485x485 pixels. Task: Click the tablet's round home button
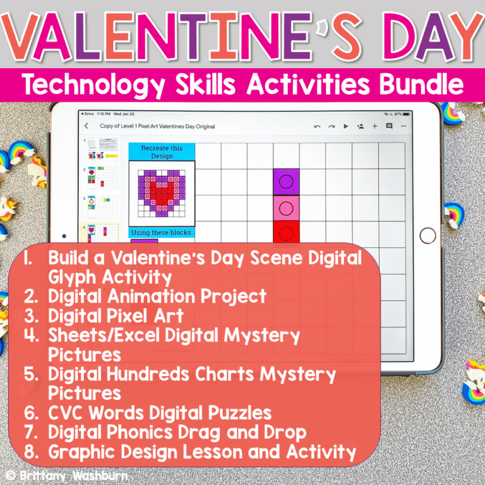coord(428,236)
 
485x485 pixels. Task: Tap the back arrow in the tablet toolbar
coord(87,126)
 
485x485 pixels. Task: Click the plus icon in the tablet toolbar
coord(374,126)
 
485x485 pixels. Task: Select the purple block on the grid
coord(286,182)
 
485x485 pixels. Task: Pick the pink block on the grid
coord(286,208)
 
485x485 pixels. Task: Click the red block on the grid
coord(286,232)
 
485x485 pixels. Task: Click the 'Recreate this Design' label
coord(162,152)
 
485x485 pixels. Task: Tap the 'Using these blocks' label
coord(162,232)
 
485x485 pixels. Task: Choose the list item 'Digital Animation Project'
coord(157,296)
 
